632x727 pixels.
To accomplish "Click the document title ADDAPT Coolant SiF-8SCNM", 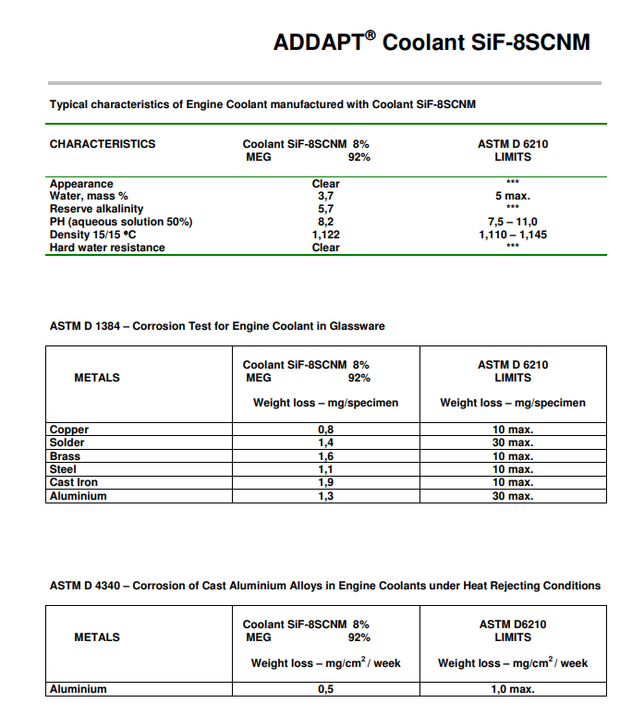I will click(x=431, y=42).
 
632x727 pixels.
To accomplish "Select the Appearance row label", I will click(x=81, y=184).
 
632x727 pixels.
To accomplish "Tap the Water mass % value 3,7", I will click(x=325, y=197).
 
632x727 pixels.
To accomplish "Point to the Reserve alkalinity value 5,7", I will click(x=325, y=210).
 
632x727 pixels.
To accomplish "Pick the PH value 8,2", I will click(x=325, y=222).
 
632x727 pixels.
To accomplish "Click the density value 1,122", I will click(x=325, y=235).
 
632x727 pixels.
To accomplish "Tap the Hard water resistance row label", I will click(x=107, y=248).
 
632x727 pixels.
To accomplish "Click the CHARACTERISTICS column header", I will click(x=103, y=144).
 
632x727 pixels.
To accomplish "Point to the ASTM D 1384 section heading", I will click(x=217, y=326).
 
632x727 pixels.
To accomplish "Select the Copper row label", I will click(x=69, y=430).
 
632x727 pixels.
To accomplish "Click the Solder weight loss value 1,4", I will click(x=325, y=443).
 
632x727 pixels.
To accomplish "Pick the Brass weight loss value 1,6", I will click(x=325, y=456).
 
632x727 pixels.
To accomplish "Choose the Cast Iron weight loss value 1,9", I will click(x=325, y=482).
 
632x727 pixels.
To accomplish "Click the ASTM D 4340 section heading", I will click(x=324, y=586).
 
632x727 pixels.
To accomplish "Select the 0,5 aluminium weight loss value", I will click(x=325, y=689).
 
